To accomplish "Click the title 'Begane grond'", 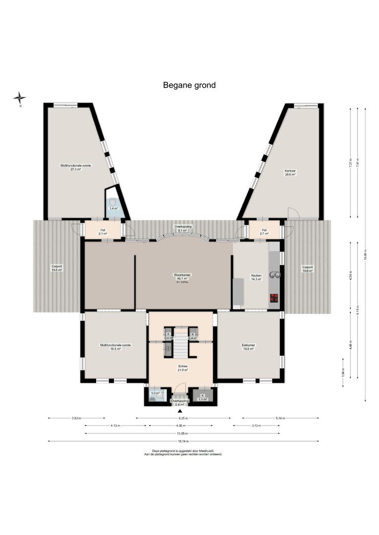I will (x=189, y=85).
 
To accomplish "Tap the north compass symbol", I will (x=19, y=98).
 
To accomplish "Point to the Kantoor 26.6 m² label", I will (x=290, y=173).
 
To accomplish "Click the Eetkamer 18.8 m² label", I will (x=248, y=347).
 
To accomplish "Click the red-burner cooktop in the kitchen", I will (x=274, y=298).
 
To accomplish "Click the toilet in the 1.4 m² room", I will (x=113, y=203).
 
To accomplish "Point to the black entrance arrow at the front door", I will (x=180, y=411).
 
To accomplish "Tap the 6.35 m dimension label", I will (x=184, y=418).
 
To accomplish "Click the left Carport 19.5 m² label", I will (x=57, y=268).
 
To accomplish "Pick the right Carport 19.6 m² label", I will (x=308, y=268).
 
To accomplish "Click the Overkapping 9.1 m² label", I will (x=183, y=228).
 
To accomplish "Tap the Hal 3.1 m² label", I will (x=103, y=231).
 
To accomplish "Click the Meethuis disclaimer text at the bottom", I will (x=184, y=452).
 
